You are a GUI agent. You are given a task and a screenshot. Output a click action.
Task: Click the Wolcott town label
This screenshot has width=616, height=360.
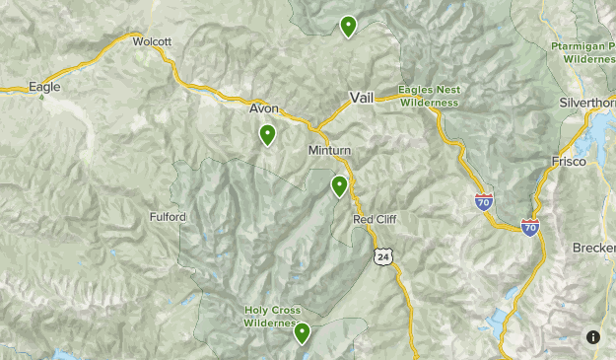click(x=152, y=41)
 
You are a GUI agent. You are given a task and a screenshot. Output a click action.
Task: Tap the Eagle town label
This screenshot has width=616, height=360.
click(x=44, y=87)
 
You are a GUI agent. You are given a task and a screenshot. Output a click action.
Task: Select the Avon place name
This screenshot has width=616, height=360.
click(x=264, y=108)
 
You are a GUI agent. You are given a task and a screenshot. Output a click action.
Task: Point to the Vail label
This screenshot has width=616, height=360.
click(x=362, y=98)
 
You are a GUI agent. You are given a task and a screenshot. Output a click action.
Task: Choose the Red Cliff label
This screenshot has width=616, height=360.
click(x=375, y=219)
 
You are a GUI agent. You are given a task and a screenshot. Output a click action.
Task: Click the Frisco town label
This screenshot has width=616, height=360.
click(x=569, y=161)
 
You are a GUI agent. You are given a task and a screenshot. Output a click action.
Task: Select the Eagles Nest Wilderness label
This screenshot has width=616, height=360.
click(x=429, y=96)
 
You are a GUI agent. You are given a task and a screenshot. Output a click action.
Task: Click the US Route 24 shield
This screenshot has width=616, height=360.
click(x=382, y=256)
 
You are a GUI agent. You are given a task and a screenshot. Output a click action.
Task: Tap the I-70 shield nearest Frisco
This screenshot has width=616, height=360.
click(x=530, y=228)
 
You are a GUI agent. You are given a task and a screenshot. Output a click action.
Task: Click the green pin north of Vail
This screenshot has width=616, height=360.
click(x=348, y=27)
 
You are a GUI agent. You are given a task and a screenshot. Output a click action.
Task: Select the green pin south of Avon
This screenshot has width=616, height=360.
click(x=267, y=135)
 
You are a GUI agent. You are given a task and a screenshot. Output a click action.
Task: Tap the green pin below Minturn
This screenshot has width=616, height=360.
click(x=340, y=185)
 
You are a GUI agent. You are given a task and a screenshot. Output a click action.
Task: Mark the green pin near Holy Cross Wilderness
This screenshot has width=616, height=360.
click(x=303, y=333)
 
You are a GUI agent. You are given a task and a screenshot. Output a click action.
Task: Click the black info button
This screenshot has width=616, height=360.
click(x=593, y=337)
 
